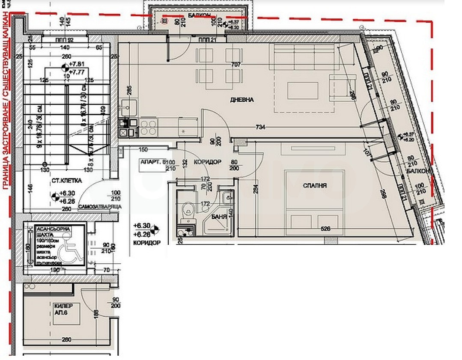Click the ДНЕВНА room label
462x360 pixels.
click(242, 100)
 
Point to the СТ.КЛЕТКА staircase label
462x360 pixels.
click(67, 181)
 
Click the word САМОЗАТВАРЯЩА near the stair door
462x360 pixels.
click(100, 206)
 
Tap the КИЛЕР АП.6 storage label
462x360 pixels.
click(63, 309)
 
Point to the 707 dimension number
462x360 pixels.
click(236, 65)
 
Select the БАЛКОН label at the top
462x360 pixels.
click(198, 15)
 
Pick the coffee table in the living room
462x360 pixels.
click(303, 90)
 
